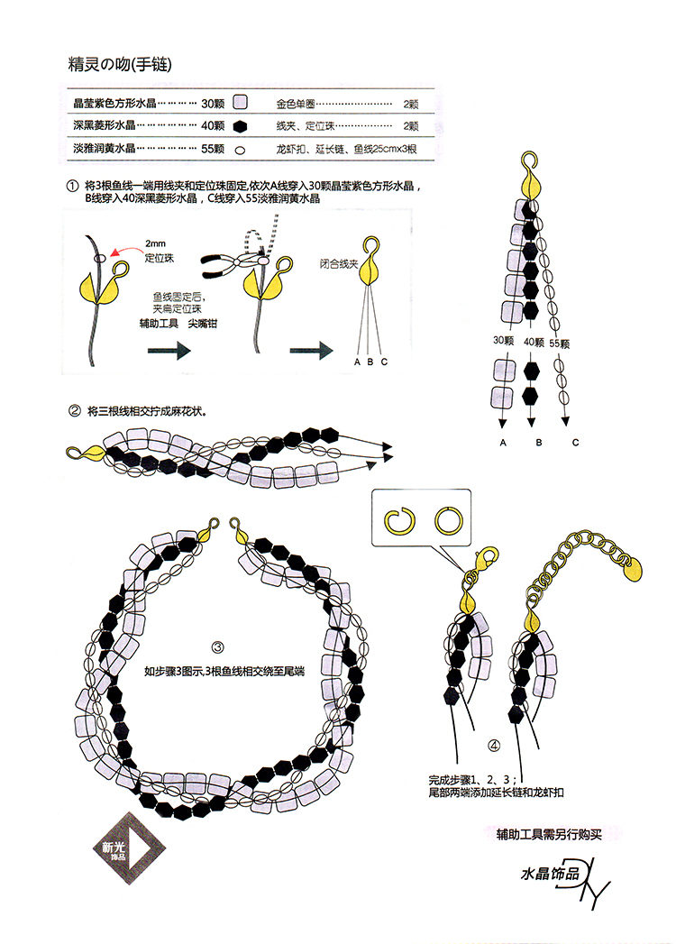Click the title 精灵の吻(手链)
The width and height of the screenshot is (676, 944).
pyautogui.click(x=121, y=64)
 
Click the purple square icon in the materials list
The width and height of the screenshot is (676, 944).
pyautogui.click(x=240, y=103)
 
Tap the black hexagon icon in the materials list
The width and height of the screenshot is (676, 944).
pyautogui.click(x=240, y=126)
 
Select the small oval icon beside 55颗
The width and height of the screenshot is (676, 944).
pyautogui.click(x=240, y=150)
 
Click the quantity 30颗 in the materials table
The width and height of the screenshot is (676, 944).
pyautogui.click(x=213, y=104)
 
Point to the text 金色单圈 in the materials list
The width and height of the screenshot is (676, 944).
pyautogui.click(x=296, y=105)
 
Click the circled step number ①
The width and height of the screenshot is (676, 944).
pyautogui.click(x=72, y=186)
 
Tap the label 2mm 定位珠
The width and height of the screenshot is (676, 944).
pyautogui.click(x=159, y=251)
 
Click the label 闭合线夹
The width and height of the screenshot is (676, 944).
pyautogui.click(x=339, y=264)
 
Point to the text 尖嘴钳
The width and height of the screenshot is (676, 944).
pyautogui.click(x=202, y=324)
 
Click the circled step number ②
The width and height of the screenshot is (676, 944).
pyautogui.click(x=75, y=412)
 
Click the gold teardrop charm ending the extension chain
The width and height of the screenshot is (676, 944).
pyautogui.click(x=631, y=569)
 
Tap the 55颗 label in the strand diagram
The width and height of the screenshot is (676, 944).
pyautogui.click(x=559, y=344)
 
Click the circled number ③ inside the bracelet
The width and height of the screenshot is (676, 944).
pyautogui.click(x=218, y=647)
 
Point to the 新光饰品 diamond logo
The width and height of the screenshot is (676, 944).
pyautogui.click(x=129, y=848)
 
